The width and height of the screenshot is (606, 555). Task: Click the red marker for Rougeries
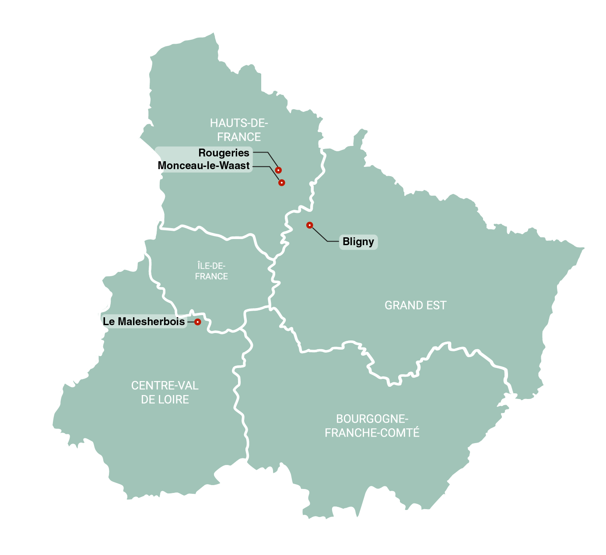[x=278, y=170]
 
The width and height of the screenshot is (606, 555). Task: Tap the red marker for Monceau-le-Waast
[x=282, y=183]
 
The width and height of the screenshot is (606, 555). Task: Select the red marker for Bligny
[x=310, y=225]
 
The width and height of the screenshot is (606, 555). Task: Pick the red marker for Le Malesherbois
[x=197, y=322]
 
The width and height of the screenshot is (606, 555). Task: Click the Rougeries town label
[x=224, y=153]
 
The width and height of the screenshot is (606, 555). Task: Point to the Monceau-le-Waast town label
[x=203, y=166]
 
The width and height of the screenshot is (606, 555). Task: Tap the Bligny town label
[x=358, y=242]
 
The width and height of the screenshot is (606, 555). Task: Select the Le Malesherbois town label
[x=144, y=322]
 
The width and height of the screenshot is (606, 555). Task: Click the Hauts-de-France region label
[x=239, y=130]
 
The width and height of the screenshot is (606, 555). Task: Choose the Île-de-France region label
[x=211, y=271]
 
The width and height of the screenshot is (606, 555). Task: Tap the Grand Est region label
[x=415, y=305]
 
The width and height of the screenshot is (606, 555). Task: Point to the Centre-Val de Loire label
[x=165, y=392]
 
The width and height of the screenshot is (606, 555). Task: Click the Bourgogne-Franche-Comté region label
[x=372, y=426]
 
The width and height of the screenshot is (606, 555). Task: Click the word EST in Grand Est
[x=436, y=305]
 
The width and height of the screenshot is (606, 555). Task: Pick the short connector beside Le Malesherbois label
[x=191, y=322]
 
